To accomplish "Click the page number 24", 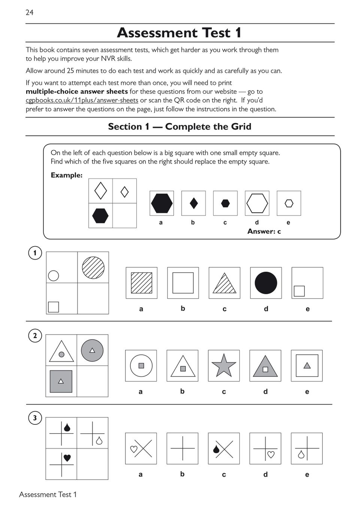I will click(30, 12).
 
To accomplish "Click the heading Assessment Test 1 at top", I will click(179, 33).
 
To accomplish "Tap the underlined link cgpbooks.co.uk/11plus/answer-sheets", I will click(82, 100).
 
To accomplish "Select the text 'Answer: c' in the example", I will click(264, 231).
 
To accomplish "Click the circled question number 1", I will click(35, 253).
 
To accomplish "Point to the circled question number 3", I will click(35, 418).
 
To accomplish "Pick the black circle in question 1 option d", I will click(266, 283).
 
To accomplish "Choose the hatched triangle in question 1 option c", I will click(224, 284).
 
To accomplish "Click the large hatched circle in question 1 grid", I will click(93, 267).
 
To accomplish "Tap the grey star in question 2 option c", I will click(224, 365).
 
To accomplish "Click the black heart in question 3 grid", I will click(67, 458).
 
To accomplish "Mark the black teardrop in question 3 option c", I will click(216, 449).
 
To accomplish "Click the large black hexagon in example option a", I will click(162, 203).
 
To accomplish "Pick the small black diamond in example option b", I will click(194, 203).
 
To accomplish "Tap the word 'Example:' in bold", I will click(66, 175).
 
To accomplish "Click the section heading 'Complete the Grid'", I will click(208, 127).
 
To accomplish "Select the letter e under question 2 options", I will click(307, 392).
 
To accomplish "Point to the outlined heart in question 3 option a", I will click(134, 449).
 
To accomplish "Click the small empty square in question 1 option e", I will click(299, 291).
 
